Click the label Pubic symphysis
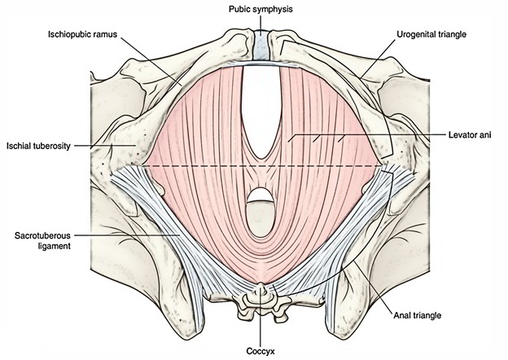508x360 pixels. pos(260,9)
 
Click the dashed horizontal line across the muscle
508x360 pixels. pos(204,165)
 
